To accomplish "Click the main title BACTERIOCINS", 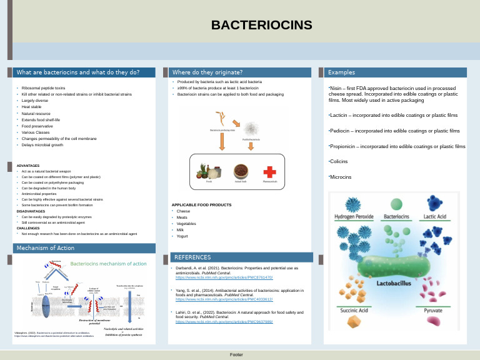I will pyautogui.click(x=261, y=25).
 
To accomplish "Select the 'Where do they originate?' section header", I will pyautogui.click(x=207, y=72).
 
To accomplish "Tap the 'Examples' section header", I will pyautogui.click(x=341, y=72).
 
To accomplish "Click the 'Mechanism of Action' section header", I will pyautogui.click(x=45, y=248).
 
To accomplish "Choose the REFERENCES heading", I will pyautogui.click(x=192, y=257).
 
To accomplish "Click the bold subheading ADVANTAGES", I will pyautogui.click(x=28, y=166).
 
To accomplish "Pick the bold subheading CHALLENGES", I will pyautogui.click(x=28, y=228).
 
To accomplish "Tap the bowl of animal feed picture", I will pyautogui.click(x=241, y=171).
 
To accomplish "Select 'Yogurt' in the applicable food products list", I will pyautogui.click(x=182, y=236).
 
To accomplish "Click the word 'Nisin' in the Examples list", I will pyautogui.click(x=336, y=89).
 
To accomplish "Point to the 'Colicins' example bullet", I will pyautogui.click(x=339, y=161).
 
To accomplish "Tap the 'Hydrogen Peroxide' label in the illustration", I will pyautogui.click(x=354, y=217).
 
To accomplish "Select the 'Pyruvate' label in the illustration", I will pyautogui.click(x=433, y=310).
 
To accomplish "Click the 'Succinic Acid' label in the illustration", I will pyautogui.click(x=354, y=310).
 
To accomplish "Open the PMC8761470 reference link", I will pyautogui.click(x=224, y=277).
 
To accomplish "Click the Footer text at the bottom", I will pyautogui.click(x=236, y=354).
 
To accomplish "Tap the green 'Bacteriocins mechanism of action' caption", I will pyautogui.click(x=108, y=264).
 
